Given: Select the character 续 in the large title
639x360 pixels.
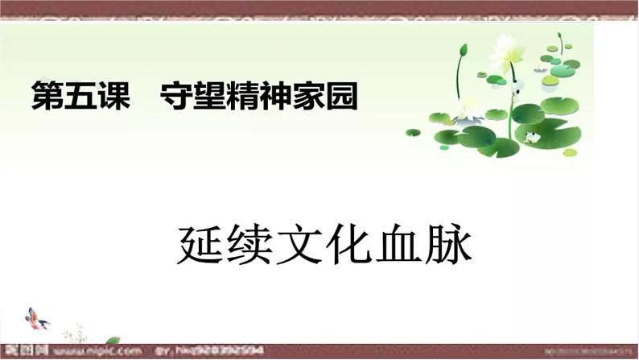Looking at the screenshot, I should pyautogui.click(x=252, y=246).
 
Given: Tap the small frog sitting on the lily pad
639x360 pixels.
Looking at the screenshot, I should pyautogui.click(x=531, y=136).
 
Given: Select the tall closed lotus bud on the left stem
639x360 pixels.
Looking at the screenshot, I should pyautogui.click(x=463, y=52).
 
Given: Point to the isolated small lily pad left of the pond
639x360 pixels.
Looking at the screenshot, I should pyautogui.click(x=413, y=132).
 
